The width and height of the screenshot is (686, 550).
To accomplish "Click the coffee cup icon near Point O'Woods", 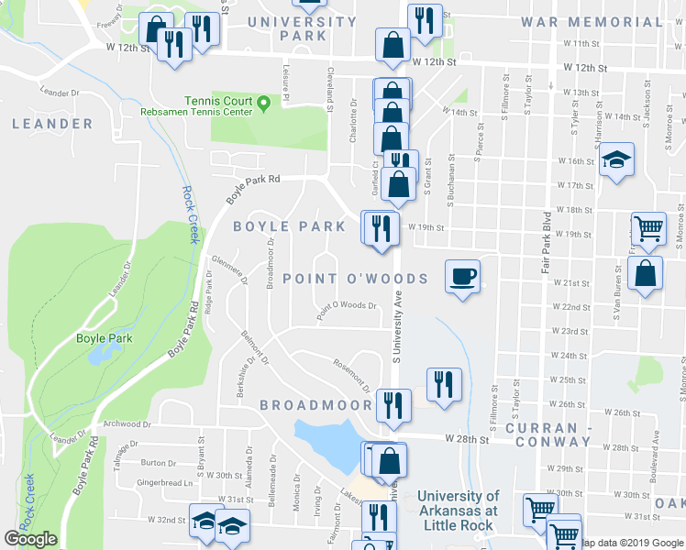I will (463, 276).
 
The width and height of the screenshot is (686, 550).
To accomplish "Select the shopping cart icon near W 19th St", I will (648, 228).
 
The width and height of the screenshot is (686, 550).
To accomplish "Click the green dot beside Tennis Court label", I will (264, 101).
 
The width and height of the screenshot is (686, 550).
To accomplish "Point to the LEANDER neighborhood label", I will (52, 124).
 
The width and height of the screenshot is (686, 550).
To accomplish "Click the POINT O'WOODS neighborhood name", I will (355, 279).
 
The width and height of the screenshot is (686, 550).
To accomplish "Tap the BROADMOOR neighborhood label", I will (315, 404).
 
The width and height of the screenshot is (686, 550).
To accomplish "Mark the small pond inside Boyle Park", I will (96, 356).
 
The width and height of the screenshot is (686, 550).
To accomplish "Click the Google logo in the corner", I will (30, 539).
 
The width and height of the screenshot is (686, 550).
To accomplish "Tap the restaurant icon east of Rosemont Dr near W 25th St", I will (444, 383).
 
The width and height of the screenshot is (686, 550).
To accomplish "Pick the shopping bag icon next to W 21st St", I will (646, 274).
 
